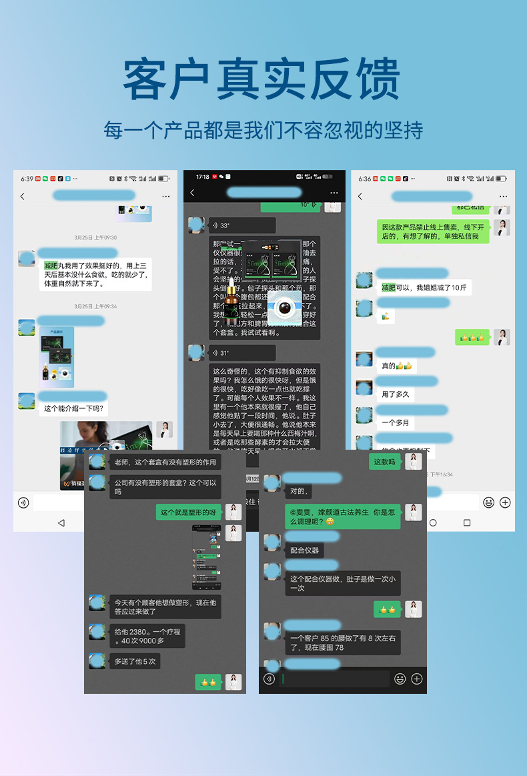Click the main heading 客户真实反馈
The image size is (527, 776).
tap(263, 79)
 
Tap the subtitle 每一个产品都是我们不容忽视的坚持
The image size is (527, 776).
tap(263, 129)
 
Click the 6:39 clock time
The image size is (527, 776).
tap(27, 179)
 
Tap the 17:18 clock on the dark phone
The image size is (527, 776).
tap(202, 177)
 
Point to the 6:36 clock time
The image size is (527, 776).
tap(364, 179)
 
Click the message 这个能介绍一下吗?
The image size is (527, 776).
tap(74, 408)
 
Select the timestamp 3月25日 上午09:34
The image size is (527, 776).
tap(95, 306)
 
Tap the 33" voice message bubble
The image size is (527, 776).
tap(241, 226)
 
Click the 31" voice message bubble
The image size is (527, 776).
tap(241, 353)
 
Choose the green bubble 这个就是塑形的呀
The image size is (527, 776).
tap(189, 512)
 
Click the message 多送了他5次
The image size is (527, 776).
tap(135, 661)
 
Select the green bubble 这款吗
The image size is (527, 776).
tap(384, 462)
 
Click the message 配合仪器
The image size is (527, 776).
tap(306, 550)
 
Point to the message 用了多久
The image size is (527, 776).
tap(396, 394)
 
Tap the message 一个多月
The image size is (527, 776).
tap(396, 422)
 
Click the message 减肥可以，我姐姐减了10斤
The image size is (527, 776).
tap(424, 288)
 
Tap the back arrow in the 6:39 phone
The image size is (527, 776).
tap(23, 196)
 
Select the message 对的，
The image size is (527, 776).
tap(298, 491)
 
